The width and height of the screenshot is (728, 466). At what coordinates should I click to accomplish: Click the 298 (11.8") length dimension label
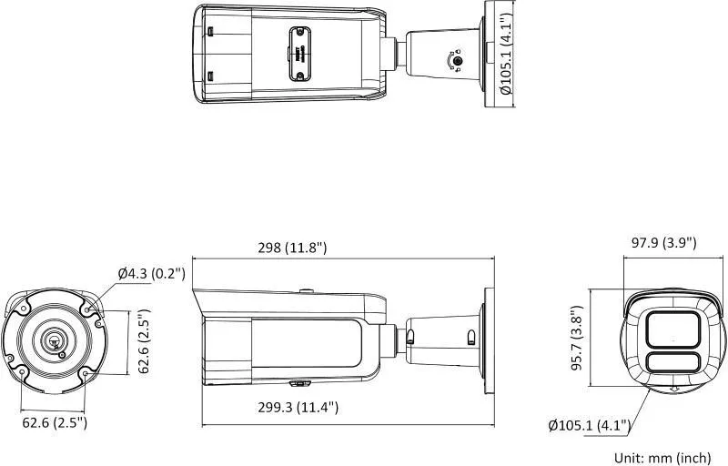[292, 248]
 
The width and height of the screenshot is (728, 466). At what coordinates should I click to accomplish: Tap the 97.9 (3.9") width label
[663, 242]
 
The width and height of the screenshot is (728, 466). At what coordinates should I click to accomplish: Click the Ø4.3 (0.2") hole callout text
[151, 273]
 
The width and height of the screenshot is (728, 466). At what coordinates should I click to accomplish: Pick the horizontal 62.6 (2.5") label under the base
[54, 422]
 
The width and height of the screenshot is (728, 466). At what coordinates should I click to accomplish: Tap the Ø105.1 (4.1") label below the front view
[591, 424]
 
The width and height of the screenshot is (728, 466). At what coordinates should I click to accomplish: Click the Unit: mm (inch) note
[662, 456]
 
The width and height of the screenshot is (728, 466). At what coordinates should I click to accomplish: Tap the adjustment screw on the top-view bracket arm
[459, 61]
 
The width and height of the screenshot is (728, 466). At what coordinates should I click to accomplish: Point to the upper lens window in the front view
[672, 329]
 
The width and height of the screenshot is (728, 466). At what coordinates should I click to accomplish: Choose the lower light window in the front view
[672, 363]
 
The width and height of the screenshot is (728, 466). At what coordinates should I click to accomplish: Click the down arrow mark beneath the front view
[673, 390]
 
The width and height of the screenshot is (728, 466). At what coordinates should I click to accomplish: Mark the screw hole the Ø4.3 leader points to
[87, 309]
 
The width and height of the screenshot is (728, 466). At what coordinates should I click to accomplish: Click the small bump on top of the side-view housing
[307, 292]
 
